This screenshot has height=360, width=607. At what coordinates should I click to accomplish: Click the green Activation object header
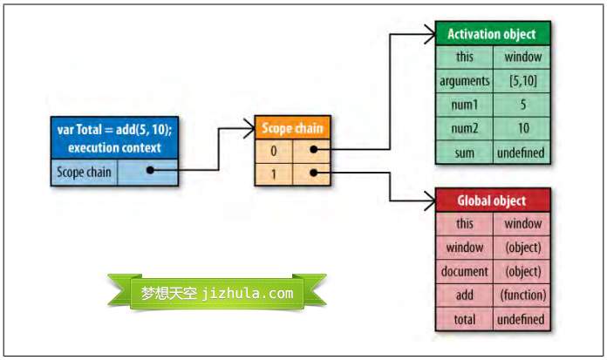(493, 34)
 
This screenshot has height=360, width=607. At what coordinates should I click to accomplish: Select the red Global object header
(493, 200)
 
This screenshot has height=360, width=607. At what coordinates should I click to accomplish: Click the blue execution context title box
(114, 139)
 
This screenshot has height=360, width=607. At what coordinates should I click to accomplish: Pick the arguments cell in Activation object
(465, 81)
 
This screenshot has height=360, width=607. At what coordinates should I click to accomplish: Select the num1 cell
(465, 105)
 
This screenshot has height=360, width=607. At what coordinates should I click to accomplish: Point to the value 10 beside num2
(522, 128)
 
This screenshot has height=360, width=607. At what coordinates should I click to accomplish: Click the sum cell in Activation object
(465, 153)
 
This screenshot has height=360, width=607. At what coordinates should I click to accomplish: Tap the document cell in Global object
(465, 271)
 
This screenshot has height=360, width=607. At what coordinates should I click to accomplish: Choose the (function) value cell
(522, 295)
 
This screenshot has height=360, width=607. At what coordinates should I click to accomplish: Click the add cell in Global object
(465, 295)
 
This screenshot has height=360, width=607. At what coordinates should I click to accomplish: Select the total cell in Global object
(465, 319)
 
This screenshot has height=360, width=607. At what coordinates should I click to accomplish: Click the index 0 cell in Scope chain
(274, 150)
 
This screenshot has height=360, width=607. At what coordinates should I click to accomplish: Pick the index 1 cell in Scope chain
(274, 173)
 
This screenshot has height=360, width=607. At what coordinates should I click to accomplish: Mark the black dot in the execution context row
(151, 171)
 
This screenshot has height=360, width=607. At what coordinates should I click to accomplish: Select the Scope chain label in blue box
(84, 172)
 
